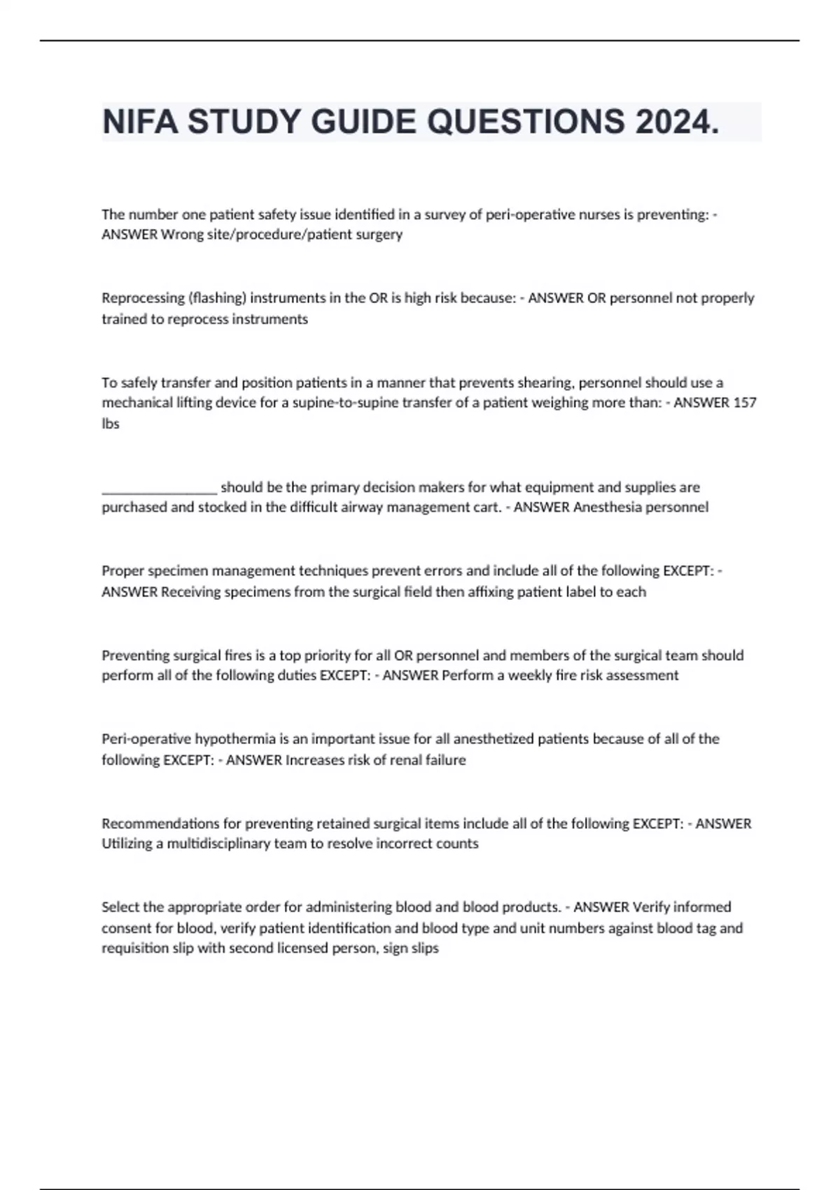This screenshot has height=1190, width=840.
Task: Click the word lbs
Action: coord(111,423)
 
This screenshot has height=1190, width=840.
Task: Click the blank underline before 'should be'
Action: coord(159,488)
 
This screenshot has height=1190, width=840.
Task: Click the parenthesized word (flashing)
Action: coord(216,297)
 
